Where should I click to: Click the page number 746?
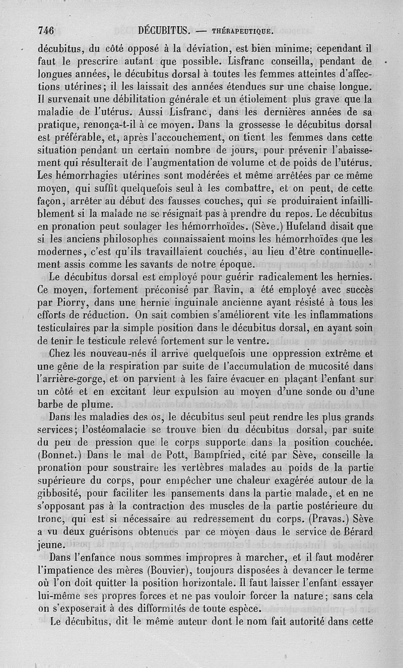click(46, 30)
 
